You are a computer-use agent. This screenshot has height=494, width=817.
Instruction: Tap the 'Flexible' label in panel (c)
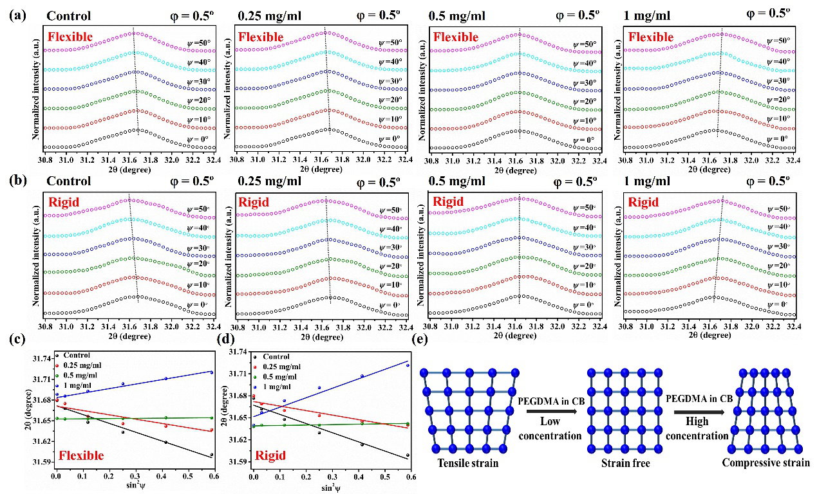(x=81, y=456)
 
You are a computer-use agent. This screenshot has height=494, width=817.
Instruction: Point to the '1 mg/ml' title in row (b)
(x=648, y=182)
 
